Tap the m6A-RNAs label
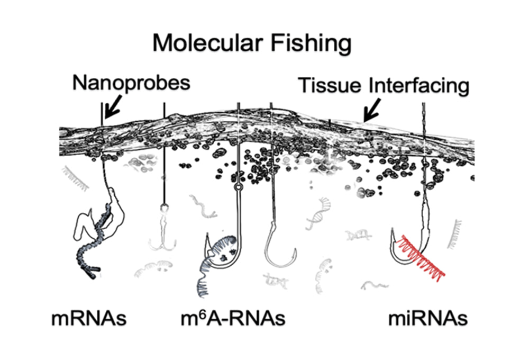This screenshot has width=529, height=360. coord(233,318)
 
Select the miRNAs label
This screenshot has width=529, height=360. coord(428,318)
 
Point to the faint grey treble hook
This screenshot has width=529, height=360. coord(162,233)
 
